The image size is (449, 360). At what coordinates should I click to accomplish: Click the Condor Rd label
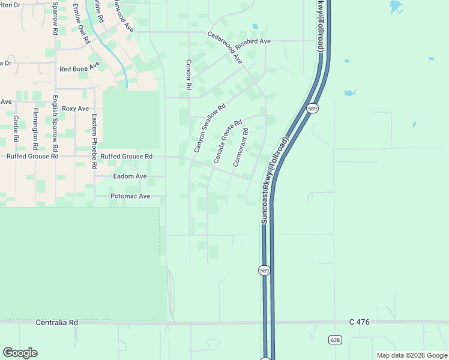tap(188, 74)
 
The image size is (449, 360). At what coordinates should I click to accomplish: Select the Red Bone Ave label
tap(79, 68)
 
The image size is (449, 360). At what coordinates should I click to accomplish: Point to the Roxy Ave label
tap(75, 109)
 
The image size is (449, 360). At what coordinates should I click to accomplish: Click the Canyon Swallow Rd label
tap(209, 128)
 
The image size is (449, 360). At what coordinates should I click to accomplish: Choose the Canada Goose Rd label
tap(228, 142)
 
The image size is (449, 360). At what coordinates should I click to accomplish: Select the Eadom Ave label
tap(130, 176)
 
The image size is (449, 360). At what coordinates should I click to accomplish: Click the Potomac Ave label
tap(130, 196)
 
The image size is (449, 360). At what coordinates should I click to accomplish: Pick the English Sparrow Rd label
tap(55, 123)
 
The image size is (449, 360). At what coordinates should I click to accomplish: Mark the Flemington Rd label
tap(35, 129)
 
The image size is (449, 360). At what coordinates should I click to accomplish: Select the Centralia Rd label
tap(57, 322)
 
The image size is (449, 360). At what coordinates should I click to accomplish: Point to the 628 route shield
tap(335, 340)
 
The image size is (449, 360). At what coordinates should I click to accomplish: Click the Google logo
tap(20, 353)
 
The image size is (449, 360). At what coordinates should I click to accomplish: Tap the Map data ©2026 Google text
tap(411, 355)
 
